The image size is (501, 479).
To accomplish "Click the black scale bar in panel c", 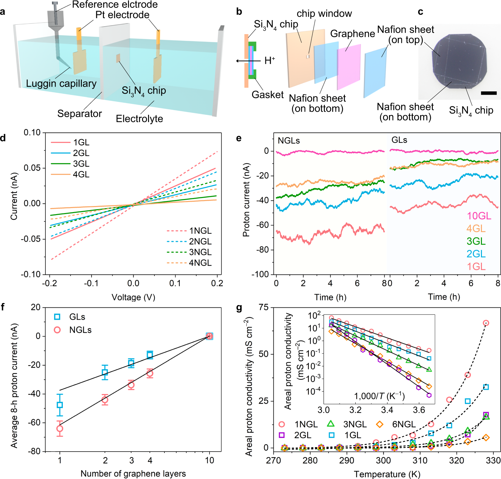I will coord(489,93).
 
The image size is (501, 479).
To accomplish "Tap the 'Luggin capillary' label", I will coord(61,84).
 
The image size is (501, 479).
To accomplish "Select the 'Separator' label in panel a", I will coord(80,114).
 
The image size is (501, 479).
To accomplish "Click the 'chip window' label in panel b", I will coord(324,14).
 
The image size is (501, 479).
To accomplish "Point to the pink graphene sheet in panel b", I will coord(349,67).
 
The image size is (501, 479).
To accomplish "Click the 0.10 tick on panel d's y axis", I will coord(32,132).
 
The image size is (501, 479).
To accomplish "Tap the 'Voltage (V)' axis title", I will coord(133,297).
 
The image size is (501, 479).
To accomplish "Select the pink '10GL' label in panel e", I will coord(479,216).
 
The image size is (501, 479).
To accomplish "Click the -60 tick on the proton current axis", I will coord(262,225).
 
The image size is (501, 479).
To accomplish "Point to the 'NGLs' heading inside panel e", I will coord(289,140).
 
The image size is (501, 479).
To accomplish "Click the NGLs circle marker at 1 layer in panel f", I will coord(60,428).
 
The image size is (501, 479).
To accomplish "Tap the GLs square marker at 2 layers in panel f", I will coord(105,373).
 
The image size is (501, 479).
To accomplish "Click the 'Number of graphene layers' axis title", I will coord(133,474).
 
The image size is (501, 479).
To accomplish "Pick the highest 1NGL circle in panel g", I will coord(486,323).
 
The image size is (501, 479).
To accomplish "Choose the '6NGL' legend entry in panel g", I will coord(404,424).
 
